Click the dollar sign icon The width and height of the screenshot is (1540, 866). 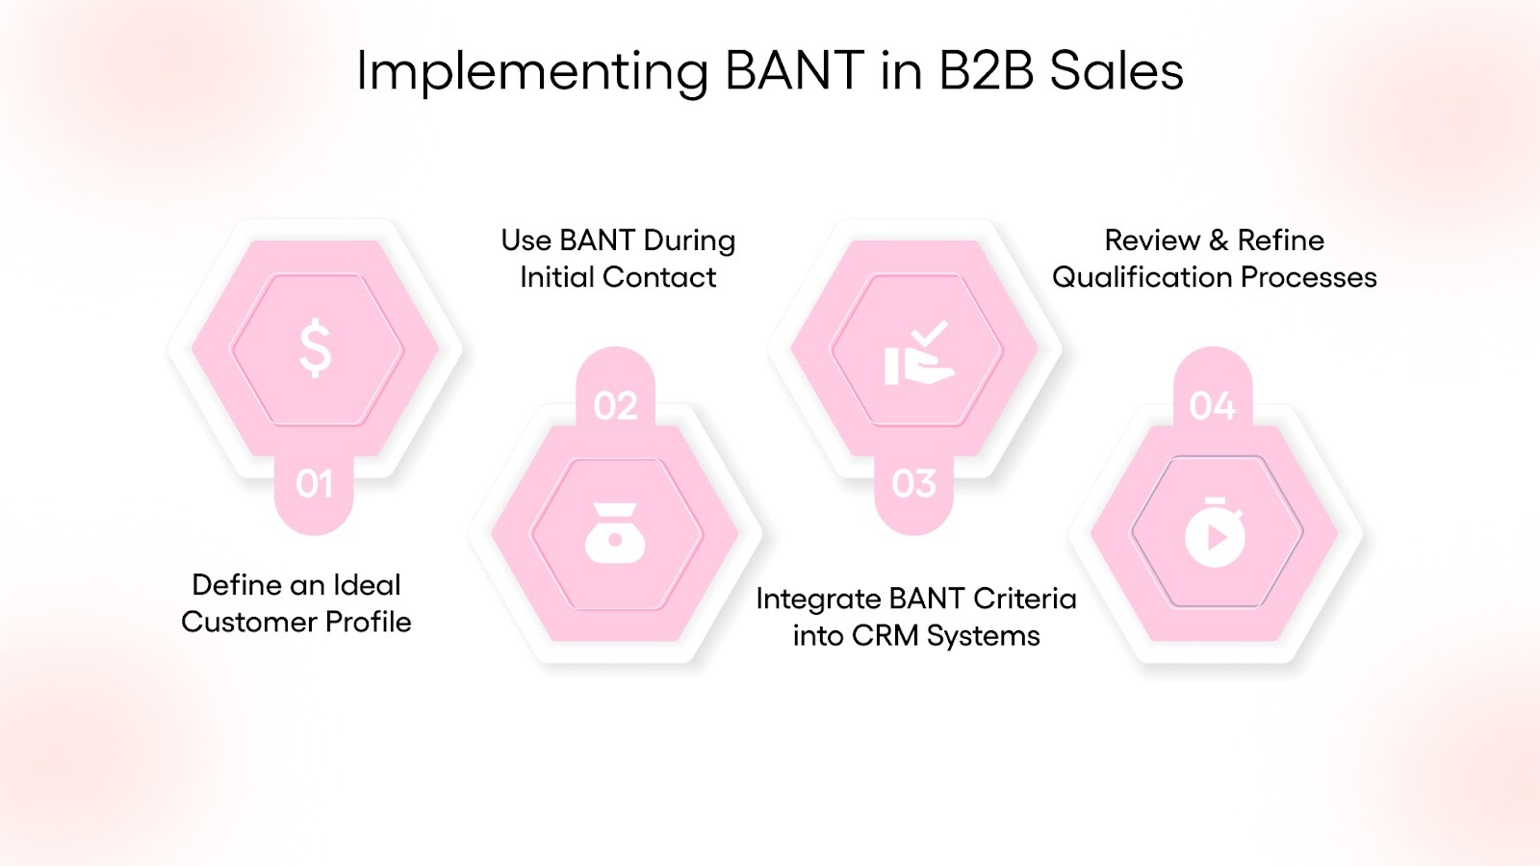point(315,348)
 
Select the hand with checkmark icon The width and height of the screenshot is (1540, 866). point(917,354)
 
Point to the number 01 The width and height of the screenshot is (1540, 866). point(315,484)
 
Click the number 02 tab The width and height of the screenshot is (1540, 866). point(615,406)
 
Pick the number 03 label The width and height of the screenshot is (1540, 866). point(913,484)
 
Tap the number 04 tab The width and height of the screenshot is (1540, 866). point(1212,406)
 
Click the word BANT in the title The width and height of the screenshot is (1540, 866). point(794,71)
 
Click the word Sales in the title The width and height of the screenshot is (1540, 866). point(1116,71)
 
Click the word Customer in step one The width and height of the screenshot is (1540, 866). point(249,623)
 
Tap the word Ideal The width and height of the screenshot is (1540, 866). point(367,585)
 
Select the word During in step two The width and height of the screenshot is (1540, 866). point(689,241)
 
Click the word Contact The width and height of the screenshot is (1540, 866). point(659,278)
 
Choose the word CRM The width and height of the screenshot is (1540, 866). point(885,636)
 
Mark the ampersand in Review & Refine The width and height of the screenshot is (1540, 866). point(1219,241)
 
